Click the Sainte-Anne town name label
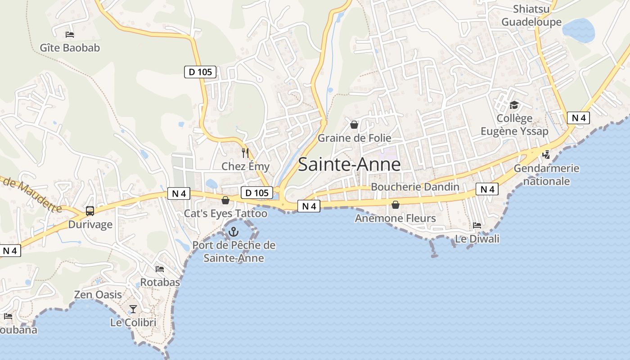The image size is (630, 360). (x=349, y=164)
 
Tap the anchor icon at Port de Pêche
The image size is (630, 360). (x=234, y=232)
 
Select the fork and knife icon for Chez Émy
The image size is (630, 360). (x=245, y=153)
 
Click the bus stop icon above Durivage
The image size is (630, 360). (x=90, y=211)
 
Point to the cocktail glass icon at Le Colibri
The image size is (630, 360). (x=133, y=309)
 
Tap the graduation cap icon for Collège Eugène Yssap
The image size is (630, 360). (x=514, y=105)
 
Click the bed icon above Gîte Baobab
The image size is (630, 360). (x=70, y=34)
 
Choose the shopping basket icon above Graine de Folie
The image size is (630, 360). (x=354, y=124)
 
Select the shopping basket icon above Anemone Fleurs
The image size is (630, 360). (x=396, y=205)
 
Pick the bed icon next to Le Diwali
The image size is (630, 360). (x=477, y=225)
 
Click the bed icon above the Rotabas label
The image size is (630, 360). (x=160, y=269)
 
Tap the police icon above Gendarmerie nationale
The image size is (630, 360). (x=546, y=155)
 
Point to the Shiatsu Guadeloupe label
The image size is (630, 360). (x=531, y=15)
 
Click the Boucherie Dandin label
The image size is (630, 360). (x=415, y=187)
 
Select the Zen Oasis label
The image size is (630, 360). (x=98, y=295)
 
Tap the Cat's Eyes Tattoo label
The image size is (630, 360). (x=225, y=213)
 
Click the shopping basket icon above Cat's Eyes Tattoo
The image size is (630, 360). (x=225, y=200)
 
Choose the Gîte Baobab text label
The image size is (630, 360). (x=70, y=48)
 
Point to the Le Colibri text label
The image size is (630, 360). (x=133, y=323)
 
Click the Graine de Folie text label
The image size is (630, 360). (x=354, y=138)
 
